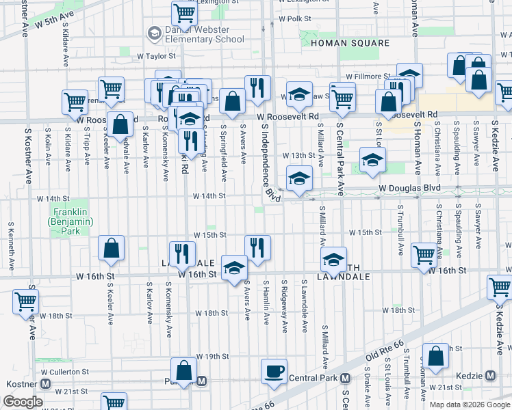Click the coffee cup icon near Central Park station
click(274, 371)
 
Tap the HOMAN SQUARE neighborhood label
click(340, 43)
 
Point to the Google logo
click(23, 402)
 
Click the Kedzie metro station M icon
click(490, 376)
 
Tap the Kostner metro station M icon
click(45, 384)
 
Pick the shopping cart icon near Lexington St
click(183, 12)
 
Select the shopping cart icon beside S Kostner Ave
click(25, 301)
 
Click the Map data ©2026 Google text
click(470, 405)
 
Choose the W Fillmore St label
click(368, 77)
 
